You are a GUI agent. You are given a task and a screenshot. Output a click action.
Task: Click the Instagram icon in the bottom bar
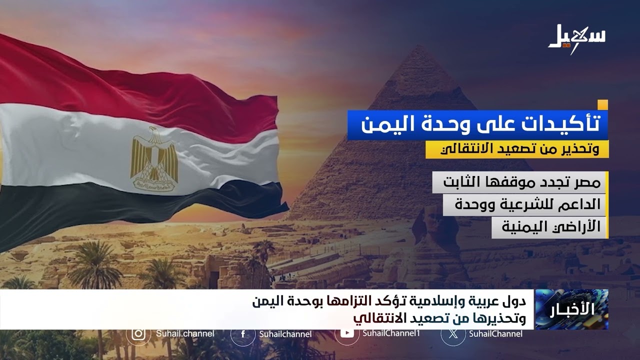pyautogui.click(x=138, y=333)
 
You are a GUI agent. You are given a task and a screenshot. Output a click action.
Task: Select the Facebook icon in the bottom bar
pyautogui.click(x=242, y=334)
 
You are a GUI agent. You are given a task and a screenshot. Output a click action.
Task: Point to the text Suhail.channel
pyautogui.click(x=185, y=333)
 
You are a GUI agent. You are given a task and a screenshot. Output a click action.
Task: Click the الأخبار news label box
pyautogui.click(x=571, y=309)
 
